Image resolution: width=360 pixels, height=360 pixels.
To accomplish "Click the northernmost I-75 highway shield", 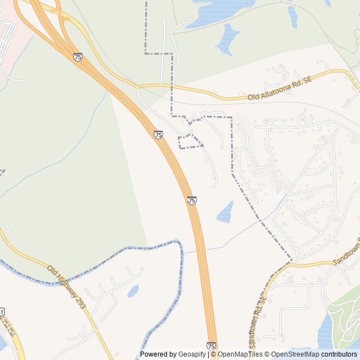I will click(x=78, y=57).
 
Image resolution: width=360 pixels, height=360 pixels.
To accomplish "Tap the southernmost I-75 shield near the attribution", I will click(x=211, y=346).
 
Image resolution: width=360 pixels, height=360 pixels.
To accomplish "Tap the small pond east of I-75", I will click(x=226, y=212).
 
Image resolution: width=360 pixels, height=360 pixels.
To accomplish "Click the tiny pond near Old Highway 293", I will click(x=133, y=291).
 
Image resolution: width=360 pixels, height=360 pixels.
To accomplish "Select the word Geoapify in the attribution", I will click(x=192, y=354).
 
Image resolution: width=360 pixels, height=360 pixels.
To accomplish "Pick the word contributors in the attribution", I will click(x=339, y=354).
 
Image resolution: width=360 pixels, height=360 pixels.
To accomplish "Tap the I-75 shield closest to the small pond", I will click(x=192, y=200).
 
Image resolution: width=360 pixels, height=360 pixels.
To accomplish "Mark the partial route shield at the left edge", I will click(x=2, y=311).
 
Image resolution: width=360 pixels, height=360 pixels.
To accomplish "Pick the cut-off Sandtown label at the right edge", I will click(x=344, y=256).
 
